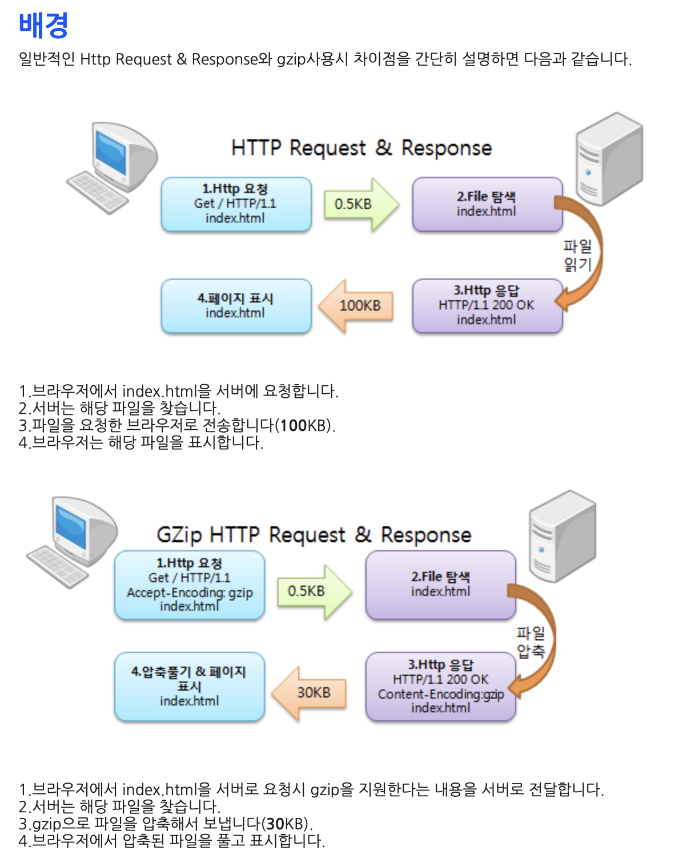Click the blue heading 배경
coord(43,25)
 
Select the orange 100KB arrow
coord(356,306)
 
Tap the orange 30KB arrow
coord(310,693)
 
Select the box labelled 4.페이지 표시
coord(236,306)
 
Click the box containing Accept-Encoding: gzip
coord(190,585)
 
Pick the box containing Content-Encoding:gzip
coord(440,687)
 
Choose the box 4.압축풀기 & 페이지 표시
coord(190,687)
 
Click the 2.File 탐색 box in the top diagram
coord(487,204)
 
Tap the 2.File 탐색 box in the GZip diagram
coord(440,584)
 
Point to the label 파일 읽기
coord(577,255)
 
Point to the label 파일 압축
coord(531,642)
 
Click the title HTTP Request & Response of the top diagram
coord(361,148)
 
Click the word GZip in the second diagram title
coord(179,535)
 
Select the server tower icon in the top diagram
coord(609,159)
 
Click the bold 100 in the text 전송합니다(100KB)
coord(294,426)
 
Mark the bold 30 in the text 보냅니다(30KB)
coord(275,824)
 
